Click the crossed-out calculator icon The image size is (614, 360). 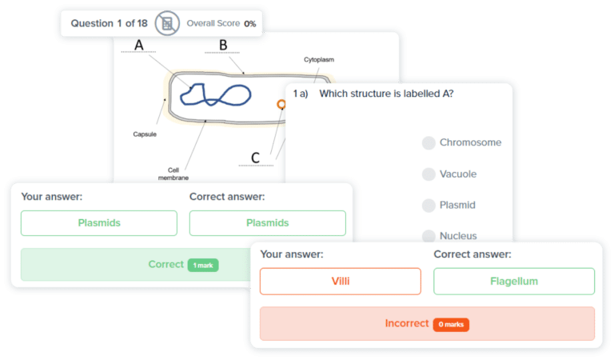click(x=166, y=23)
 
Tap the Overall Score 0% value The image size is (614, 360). click(x=250, y=24)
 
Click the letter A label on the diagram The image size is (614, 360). click(x=139, y=46)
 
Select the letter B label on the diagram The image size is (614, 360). click(x=223, y=45)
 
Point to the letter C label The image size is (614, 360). click(x=255, y=158)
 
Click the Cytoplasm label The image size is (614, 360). click(x=318, y=60)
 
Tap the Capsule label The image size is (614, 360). click(x=145, y=134)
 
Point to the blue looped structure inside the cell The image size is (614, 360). click(x=214, y=94)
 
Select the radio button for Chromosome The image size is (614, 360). click(x=429, y=143)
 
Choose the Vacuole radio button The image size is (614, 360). click(x=429, y=174)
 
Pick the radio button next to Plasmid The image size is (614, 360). click(x=429, y=206)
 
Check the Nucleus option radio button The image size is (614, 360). click(x=429, y=236)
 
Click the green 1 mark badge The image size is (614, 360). click(x=203, y=265)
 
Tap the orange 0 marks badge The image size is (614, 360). click(x=451, y=325)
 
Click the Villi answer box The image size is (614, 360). click(x=340, y=282)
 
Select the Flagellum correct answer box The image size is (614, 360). click(x=513, y=282)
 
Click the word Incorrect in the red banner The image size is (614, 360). click(x=406, y=324)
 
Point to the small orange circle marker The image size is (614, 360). click(x=281, y=104)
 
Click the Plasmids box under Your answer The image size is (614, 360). click(x=99, y=223)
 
